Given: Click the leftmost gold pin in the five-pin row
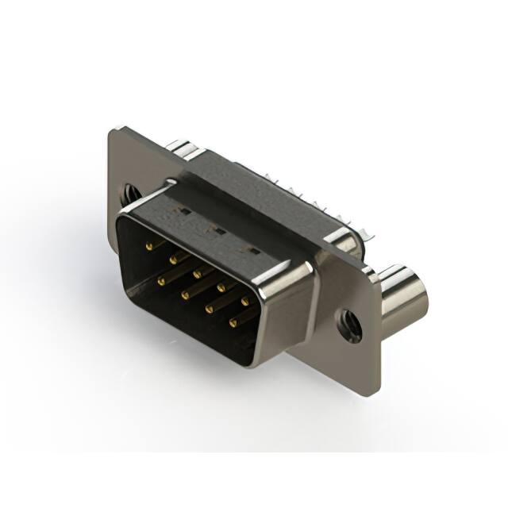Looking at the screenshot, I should [148, 248].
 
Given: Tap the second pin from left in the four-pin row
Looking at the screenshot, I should [186, 294].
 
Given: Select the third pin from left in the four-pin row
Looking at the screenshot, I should [210, 309].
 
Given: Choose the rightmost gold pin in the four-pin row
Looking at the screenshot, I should [234, 322].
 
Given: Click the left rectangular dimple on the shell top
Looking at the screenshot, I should [184, 213].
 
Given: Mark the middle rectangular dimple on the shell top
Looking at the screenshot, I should [214, 230].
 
